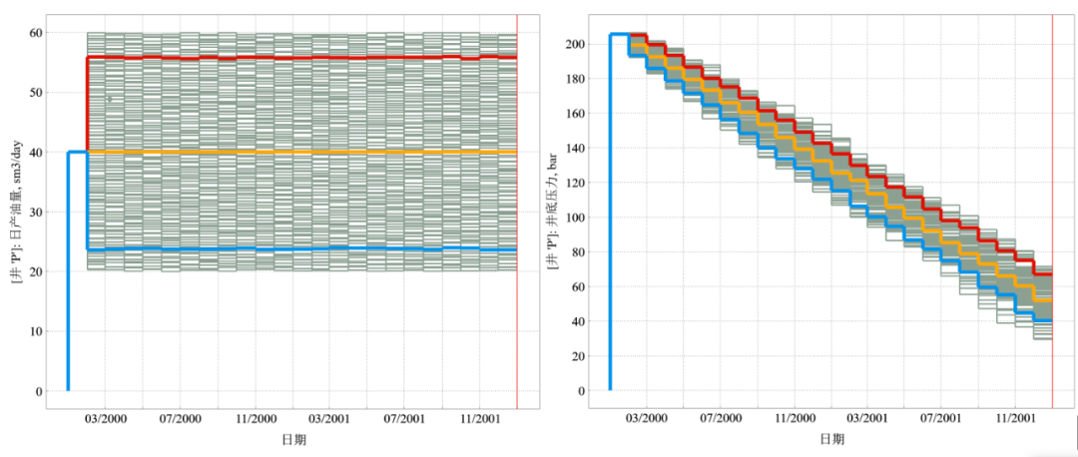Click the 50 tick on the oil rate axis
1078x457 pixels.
tap(35, 93)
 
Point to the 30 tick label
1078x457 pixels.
tap(35, 213)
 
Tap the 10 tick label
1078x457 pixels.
tap(35, 331)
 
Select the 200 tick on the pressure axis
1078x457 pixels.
tap(573, 45)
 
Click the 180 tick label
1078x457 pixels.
tap(573, 79)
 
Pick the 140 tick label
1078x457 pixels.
tap(573, 149)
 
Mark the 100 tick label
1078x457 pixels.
tap(573, 218)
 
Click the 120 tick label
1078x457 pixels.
tap(573, 183)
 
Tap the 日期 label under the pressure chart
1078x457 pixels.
tap(830, 439)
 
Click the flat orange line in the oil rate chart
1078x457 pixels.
tap(299, 152)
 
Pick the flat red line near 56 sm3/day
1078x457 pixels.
tap(299, 58)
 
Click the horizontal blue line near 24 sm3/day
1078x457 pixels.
tap(299, 248)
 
